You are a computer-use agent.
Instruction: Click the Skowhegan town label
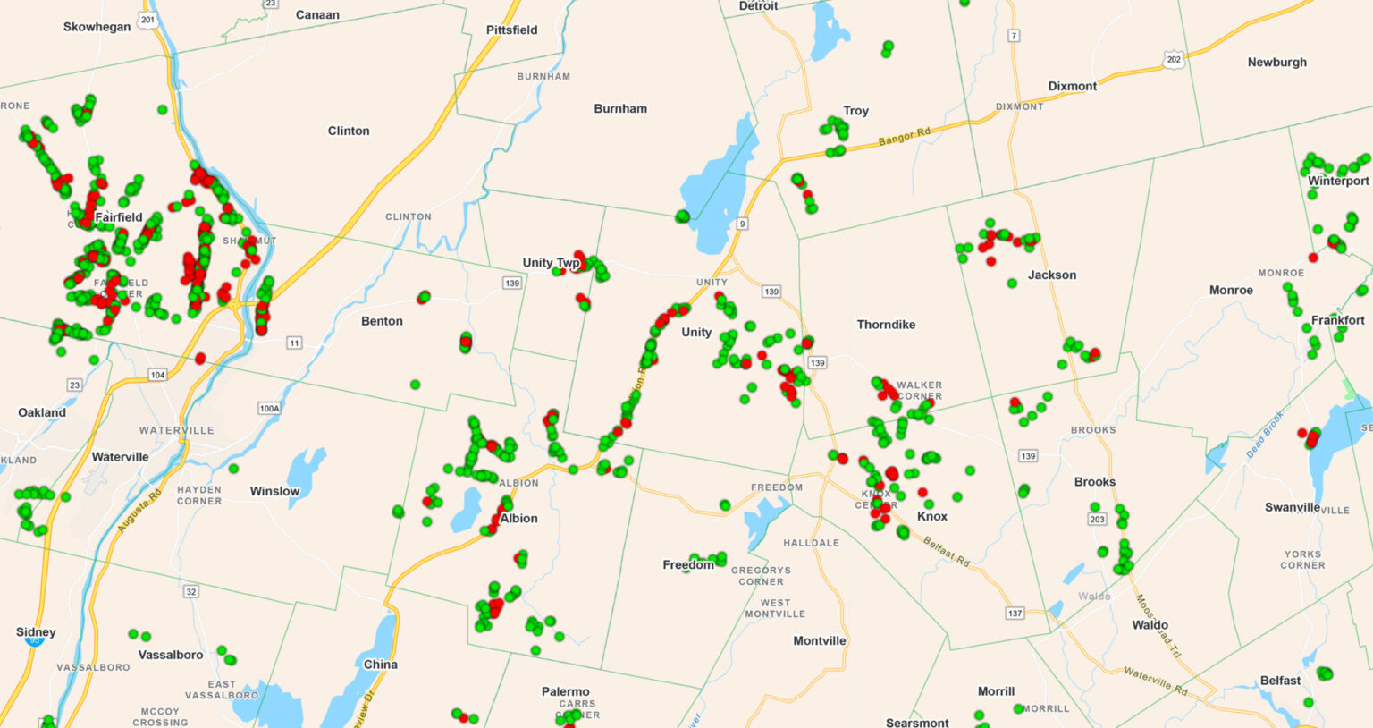(x=97, y=27)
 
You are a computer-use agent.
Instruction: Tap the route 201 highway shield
(x=147, y=19)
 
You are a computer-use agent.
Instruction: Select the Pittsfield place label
(x=511, y=30)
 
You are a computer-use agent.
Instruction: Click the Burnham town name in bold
(x=620, y=108)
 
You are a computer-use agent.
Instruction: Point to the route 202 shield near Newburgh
(x=1174, y=60)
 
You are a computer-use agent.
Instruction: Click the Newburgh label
(x=1276, y=62)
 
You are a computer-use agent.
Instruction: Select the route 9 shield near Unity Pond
(x=742, y=224)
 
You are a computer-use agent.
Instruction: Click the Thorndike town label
(x=886, y=325)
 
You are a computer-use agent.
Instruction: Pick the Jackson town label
(x=1051, y=275)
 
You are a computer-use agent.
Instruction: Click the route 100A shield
(x=269, y=408)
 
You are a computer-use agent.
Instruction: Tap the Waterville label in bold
(x=120, y=457)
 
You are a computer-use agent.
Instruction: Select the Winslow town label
(x=274, y=491)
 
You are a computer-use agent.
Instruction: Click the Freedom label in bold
(x=687, y=564)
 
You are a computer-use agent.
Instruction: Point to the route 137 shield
(x=1015, y=614)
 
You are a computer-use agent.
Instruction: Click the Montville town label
(x=819, y=640)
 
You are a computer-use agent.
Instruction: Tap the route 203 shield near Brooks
(x=1097, y=519)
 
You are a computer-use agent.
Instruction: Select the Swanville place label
(x=1292, y=507)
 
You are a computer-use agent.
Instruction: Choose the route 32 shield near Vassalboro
(x=190, y=592)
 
